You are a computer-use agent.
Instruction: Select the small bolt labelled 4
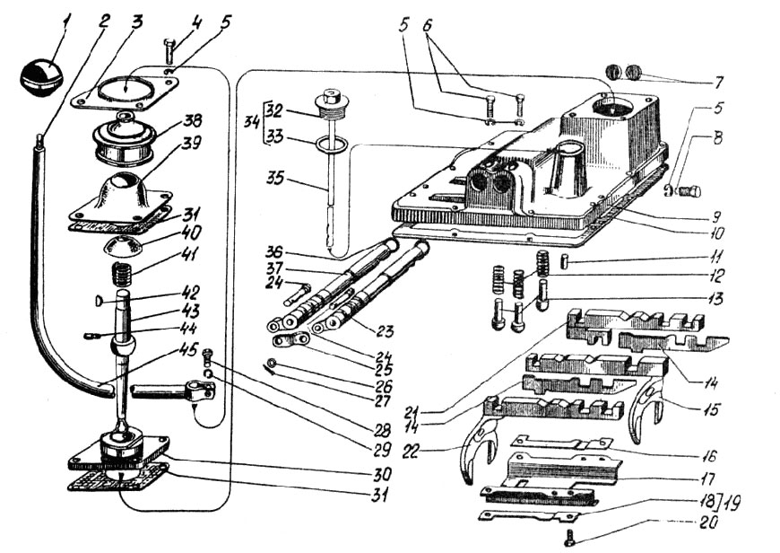(x=169, y=53)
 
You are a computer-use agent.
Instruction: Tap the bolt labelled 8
(x=689, y=191)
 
